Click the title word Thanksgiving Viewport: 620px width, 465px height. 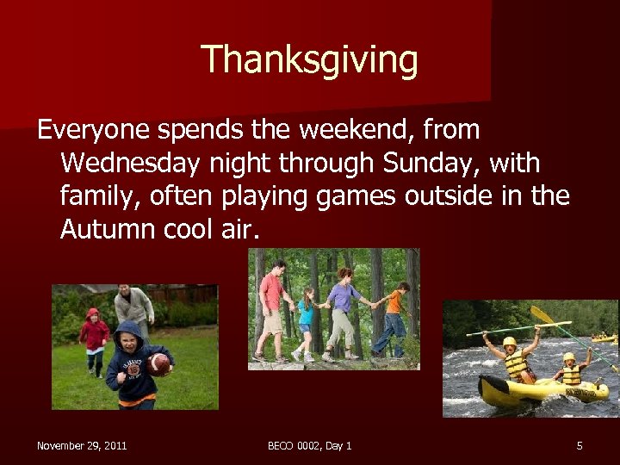point(309,60)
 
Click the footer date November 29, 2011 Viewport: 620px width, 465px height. point(82,445)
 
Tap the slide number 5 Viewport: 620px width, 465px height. point(580,445)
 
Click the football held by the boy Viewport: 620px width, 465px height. point(158,364)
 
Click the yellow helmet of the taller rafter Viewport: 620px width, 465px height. point(509,341)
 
